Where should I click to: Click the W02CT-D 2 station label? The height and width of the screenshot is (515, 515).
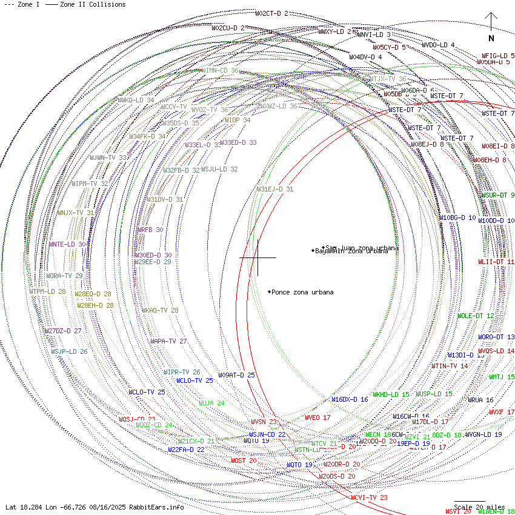point(271,13)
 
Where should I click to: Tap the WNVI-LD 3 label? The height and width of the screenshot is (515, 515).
point(374,35)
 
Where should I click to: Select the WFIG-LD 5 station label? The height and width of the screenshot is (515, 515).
point(498,56)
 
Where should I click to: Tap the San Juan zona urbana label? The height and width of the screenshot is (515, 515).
point(362,248)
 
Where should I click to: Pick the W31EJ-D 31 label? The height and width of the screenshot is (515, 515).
point(274,189)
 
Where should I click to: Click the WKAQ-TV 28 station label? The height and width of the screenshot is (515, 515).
point(160,310)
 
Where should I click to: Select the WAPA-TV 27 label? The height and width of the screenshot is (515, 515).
point(168,341)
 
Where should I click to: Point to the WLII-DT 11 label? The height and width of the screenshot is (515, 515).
point(496,262)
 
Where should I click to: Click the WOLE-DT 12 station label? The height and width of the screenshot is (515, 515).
point(475,316)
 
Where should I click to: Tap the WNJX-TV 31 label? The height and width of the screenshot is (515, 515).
point(76,213)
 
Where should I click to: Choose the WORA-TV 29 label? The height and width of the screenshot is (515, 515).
point(64,276)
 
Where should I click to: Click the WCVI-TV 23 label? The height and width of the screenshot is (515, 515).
point(369,497)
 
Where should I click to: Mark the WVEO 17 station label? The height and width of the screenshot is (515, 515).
point(317,417)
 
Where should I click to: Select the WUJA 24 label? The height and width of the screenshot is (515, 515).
point(211,403)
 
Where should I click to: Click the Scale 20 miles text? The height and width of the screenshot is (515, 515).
point(479,507)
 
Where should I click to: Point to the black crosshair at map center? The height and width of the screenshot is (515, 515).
point(258,257)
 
